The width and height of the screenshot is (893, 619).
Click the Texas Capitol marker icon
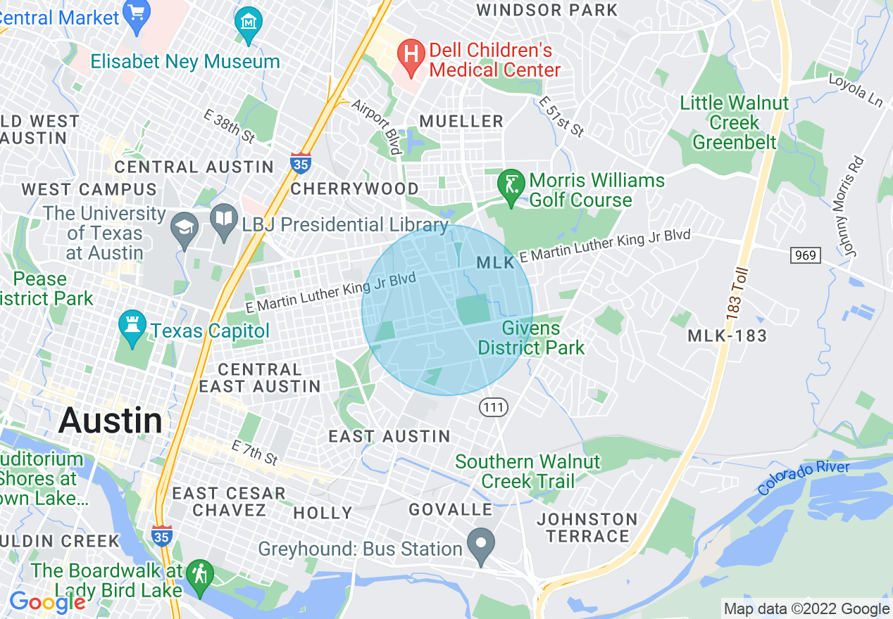[133, 326]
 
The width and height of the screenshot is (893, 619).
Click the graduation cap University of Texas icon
[185, 228]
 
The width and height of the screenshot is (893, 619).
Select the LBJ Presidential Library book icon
[224, 222]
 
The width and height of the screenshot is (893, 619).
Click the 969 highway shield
[805, 255]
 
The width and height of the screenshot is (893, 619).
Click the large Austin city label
[111, 421]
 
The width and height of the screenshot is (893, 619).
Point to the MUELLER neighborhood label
[461, 122]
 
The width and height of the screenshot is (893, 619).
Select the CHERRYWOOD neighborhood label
[354, 189]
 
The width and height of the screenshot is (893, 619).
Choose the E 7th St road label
[254, 453]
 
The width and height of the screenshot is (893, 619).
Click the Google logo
[46, 602]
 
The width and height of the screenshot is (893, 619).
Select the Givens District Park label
[531, 338]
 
